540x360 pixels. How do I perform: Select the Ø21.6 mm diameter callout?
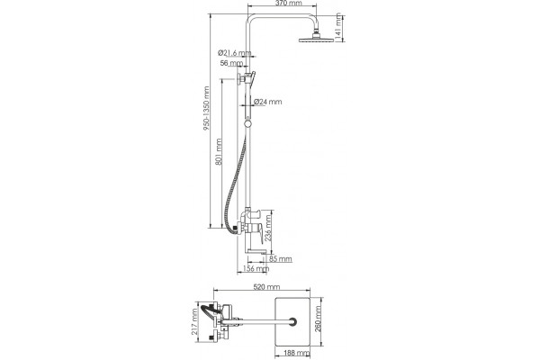click(234, 53)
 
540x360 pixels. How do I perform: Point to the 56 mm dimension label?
click(231, 63)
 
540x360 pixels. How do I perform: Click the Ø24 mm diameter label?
click(267, 102)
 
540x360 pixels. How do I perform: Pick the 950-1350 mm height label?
click(206, 108)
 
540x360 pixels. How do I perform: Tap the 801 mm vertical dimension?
click(219, 152)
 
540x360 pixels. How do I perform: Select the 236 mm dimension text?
click(268, 227)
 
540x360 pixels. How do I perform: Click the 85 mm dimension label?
click(280, 258)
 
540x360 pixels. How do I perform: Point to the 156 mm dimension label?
click(256, 268)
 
